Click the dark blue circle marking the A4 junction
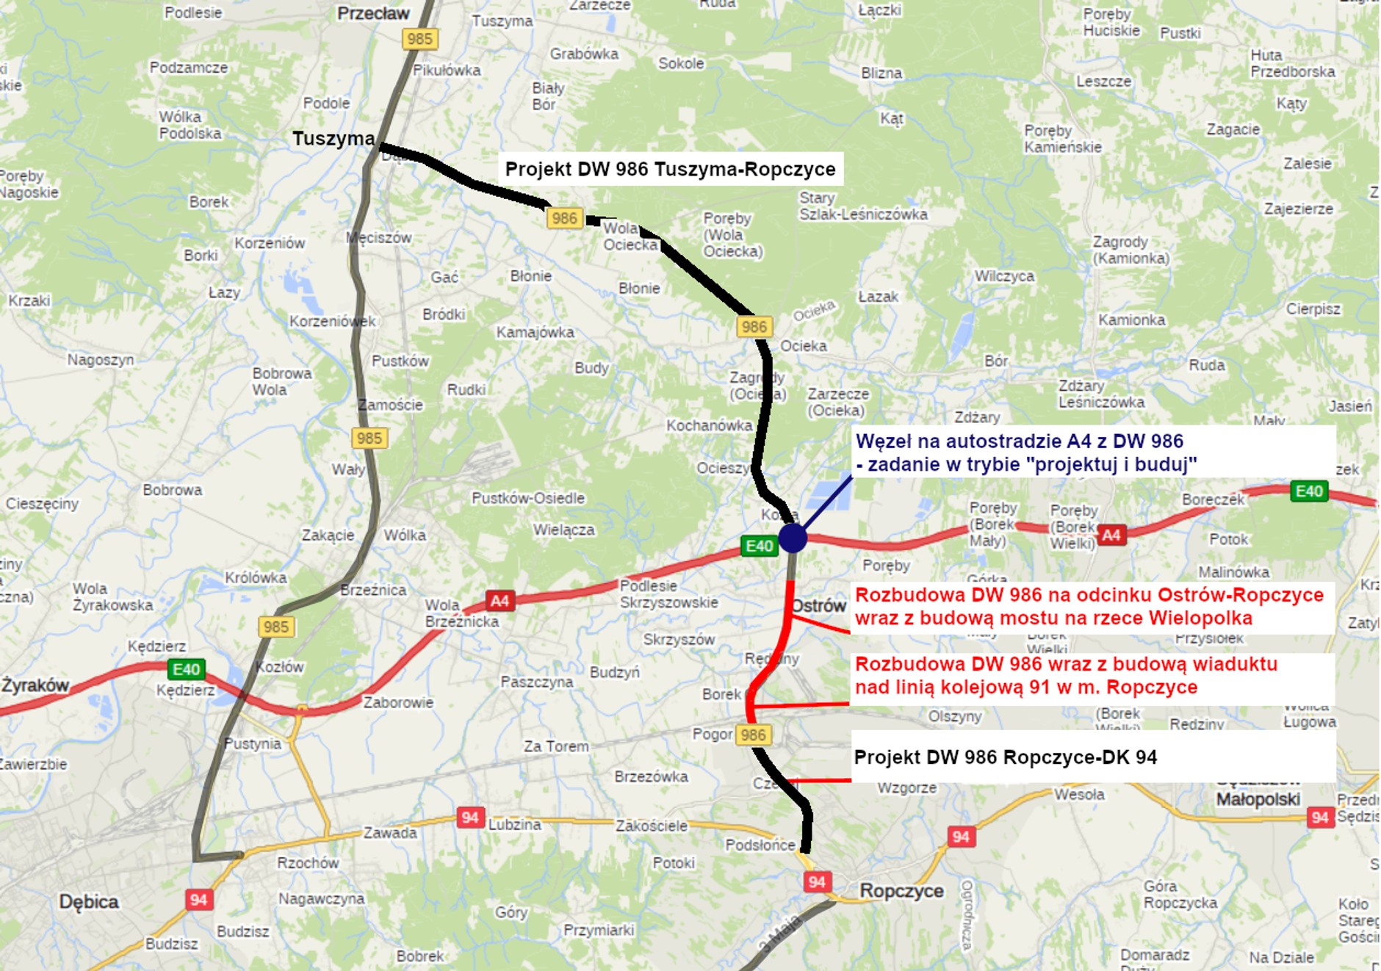click(793, 538)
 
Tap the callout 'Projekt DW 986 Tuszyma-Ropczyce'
click(670, 169)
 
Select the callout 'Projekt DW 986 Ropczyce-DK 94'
click(1006, 757)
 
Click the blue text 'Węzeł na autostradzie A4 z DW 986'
click(1020, 441)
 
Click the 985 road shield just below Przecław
click(419, 39)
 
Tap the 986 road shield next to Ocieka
click(754, 327)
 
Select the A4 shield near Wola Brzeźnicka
click(500, 601)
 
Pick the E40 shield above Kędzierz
click(186, 669)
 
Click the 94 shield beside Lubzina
click(470, 817)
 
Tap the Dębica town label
click(89, 901)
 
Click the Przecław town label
click(373, 13)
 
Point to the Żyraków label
click(35, 685)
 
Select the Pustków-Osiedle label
click(528, 498)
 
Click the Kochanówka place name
click(709, 425)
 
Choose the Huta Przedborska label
click(1292, 63)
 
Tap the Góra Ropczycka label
click(1180, 895)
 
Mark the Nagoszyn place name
click(101, 359)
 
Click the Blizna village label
click(881, 73)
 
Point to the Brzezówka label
click(651, 776)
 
